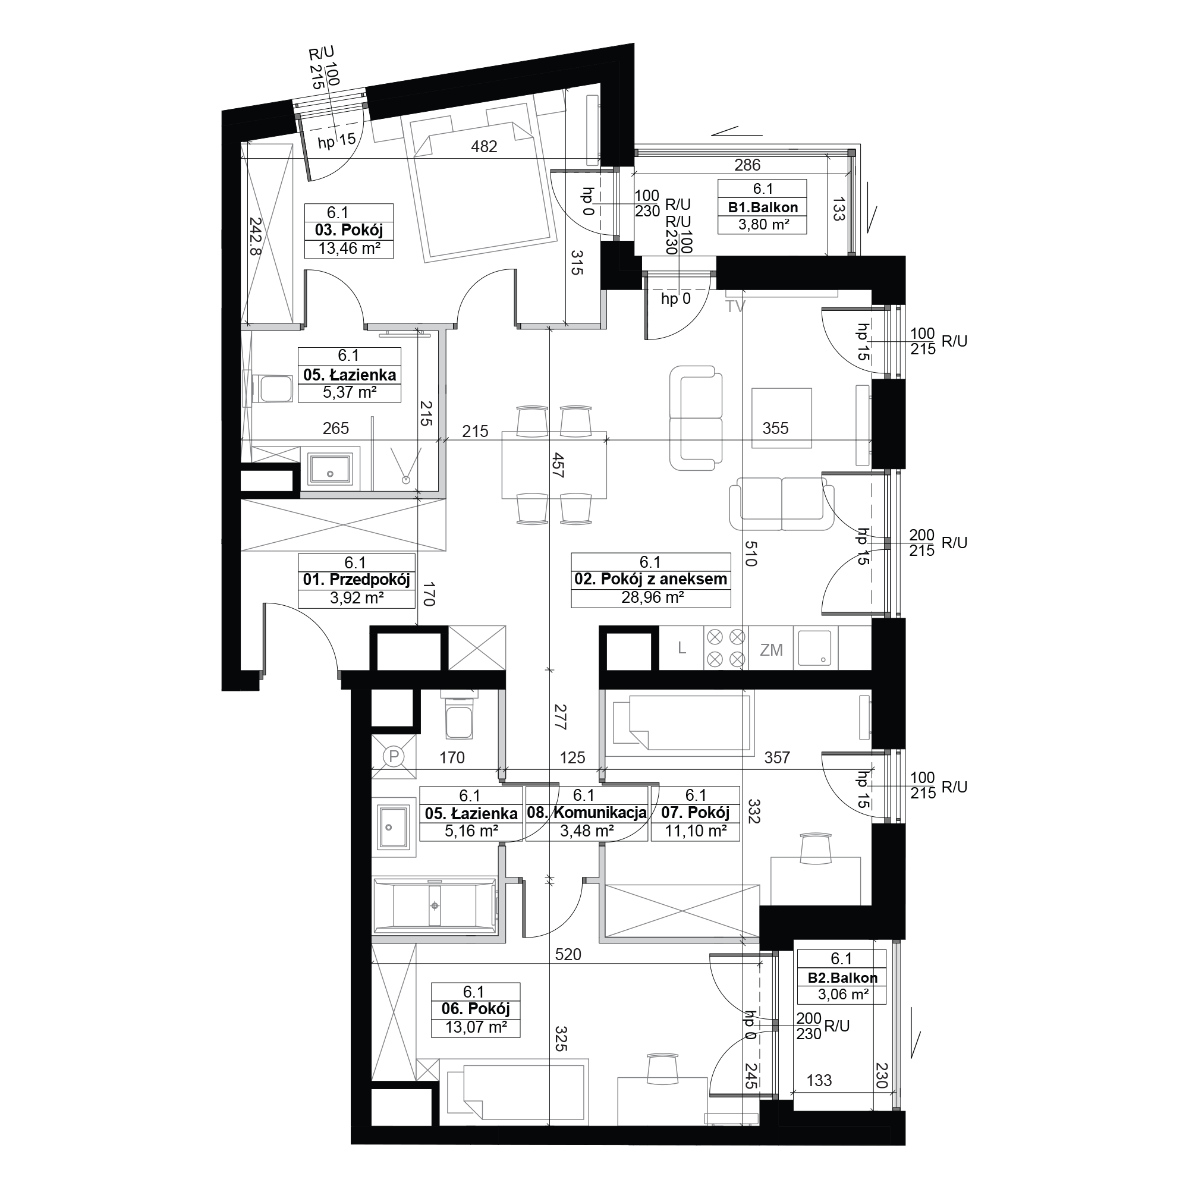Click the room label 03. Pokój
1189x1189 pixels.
[349, 231]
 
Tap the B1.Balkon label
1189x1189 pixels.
[763, 207]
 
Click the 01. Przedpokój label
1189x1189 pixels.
[356, 580]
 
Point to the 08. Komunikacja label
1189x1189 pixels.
[587, 813]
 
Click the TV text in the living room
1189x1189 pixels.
[735, 306]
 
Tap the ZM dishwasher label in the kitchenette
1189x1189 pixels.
[771, 649]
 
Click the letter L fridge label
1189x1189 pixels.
[682, 648]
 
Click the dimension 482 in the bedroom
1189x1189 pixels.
[484, 146]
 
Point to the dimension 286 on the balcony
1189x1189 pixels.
[747, 165]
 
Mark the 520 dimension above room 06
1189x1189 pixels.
[567, 955]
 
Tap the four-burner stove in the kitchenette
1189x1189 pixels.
[725, 648]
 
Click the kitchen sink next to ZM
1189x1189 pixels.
[816, 648]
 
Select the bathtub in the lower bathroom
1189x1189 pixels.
[435, 905]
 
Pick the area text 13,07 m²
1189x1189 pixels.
[476, 1027]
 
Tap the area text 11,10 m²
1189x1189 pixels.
[696, 831]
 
